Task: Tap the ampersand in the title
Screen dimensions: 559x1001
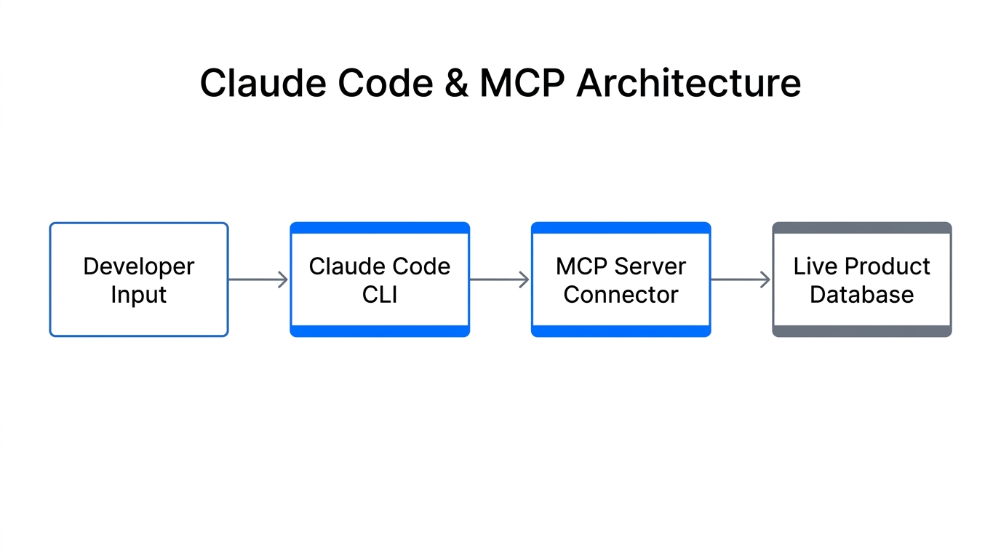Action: point(455,83)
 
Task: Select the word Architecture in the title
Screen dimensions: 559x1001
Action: point(688,83)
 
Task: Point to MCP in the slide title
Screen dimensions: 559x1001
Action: point(522,83)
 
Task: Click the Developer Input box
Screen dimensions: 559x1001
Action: point(139,279)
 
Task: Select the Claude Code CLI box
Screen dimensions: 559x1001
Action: point(380,279)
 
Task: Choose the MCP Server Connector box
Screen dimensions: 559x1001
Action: point(621,279)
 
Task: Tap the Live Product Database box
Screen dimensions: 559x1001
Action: point(861,279)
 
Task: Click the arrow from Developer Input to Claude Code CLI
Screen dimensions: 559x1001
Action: point(259,279)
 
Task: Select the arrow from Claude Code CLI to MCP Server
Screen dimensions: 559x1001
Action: point(500,279)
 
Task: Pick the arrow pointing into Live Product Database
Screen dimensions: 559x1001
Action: point(741,279)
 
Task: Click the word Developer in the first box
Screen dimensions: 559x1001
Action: point(139,266)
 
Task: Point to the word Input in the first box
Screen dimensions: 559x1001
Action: point(139,295)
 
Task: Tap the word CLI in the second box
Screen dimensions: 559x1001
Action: point(380,295)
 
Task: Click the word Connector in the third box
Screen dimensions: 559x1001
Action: point(621,295)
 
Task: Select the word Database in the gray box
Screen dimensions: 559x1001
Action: point(861,295)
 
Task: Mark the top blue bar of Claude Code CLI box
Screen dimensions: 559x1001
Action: point(380,228)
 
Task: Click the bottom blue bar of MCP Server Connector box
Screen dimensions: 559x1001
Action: point(621,331)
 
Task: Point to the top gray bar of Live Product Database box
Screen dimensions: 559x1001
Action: point(861,228)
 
